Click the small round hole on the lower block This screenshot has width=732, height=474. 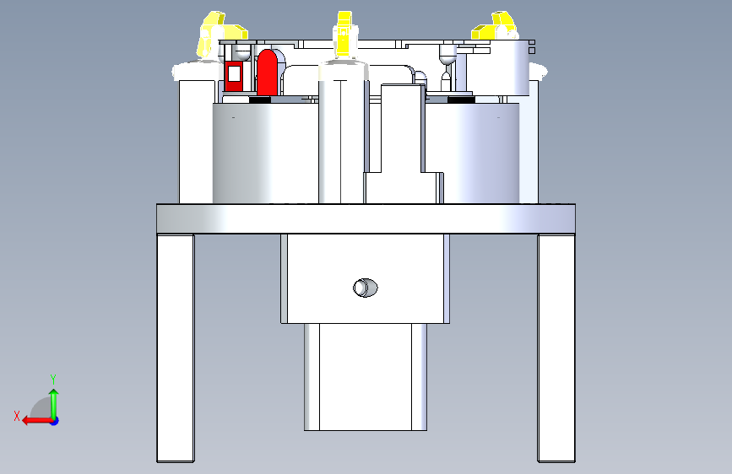pos(365,288)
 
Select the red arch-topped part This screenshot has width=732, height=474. pos(268,73)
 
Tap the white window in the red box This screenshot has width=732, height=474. pos(234,73)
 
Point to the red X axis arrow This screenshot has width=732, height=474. pos(37,421)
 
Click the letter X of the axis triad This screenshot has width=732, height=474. pos(17,416)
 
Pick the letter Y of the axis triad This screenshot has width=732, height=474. pos(53,379)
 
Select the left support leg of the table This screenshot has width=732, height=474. pos(176,348)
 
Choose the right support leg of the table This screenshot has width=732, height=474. pos(556,348)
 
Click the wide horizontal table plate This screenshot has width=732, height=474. pos(366,218)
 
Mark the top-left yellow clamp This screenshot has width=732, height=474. pos(220,34)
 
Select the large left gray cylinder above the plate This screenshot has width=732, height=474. pos(265,153)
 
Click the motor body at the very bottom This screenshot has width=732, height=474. pos(366,377)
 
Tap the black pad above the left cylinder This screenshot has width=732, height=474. pos(260,100)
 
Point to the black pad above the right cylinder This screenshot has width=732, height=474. pos(461,100)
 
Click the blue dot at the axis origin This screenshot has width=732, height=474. pos(55,421)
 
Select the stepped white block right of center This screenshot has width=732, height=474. pos(402,144)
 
